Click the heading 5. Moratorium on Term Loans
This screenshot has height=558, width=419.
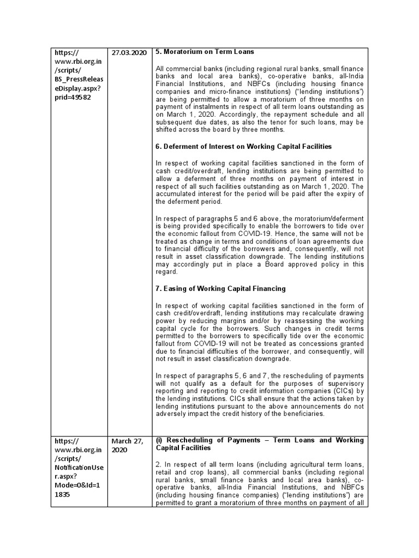tap(205, 52)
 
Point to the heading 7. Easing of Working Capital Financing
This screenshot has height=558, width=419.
tap(220, 288)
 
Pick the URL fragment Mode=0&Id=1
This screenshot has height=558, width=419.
tap(76, 494)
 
